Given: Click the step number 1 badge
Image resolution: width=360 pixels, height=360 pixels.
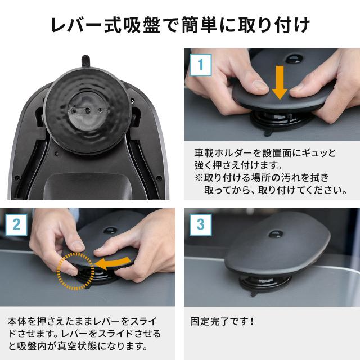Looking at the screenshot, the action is click(x=200, y=65).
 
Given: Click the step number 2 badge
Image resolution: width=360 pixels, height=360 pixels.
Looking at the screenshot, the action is click(x=16, y=224).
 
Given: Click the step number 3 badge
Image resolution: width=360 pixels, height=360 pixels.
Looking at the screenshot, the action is click(x=200, y=224).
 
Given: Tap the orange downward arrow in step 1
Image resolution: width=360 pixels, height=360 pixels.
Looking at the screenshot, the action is click(x=280, y=82).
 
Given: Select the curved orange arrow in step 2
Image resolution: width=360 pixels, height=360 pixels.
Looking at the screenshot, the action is click(x=112, y=263).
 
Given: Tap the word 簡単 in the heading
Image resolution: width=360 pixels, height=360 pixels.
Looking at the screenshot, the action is click(x=199, y=25).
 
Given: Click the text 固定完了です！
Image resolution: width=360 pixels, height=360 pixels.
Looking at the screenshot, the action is click(x=222, y=321).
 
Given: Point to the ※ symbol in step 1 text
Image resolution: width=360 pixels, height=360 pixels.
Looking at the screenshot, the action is click(x=199, y=178).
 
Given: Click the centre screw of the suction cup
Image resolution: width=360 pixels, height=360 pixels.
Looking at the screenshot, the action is click(x=87, y=111).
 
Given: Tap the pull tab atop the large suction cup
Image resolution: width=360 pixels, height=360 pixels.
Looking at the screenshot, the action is click(x=85, y=60).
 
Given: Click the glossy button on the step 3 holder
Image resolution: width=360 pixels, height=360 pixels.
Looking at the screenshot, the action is click(x=276, y=234).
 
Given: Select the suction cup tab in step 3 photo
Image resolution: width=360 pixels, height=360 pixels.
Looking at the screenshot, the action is click(x=254, y=294).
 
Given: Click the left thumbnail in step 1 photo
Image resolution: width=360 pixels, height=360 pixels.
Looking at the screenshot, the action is click(x=260, y=85).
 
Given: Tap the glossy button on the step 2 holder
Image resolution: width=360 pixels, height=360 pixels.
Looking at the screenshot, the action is click(x=110, y=231).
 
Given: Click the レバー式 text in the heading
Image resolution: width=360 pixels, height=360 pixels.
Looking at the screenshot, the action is click(x=85, y=25).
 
